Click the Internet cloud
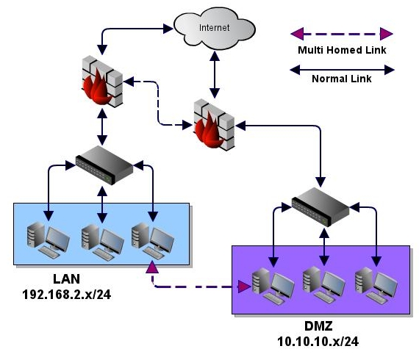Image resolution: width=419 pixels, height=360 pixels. pos(215,29)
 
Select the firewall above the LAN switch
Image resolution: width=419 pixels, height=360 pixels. pos(102,82)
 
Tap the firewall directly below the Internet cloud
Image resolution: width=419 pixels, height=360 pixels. pos(215,125)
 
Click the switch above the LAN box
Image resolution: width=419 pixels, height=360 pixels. pos(104,165)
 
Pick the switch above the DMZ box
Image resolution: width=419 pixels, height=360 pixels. pos(320,207)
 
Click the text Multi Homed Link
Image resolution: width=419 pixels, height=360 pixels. pos(342,50)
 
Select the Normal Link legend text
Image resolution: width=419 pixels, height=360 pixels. pos(342,79)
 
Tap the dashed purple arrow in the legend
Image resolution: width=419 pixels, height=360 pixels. pos(342,34)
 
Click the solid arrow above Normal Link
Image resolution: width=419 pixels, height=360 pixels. pos(342,70)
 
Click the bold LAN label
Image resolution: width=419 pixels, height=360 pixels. pos(67,279)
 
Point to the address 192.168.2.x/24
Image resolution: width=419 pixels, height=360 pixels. pos(67,295)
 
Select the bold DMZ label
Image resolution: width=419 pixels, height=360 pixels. pos(318,326)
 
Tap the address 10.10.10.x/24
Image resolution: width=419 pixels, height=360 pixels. pos(318,342)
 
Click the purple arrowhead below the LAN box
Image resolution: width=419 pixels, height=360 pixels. pos(152,267)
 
